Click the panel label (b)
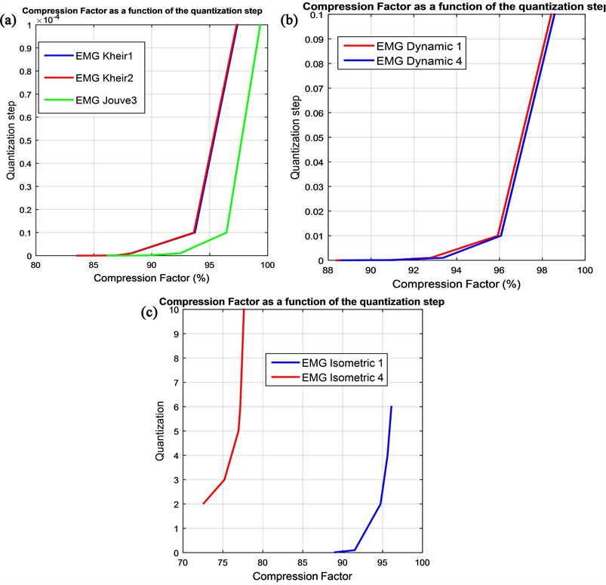point(289,21)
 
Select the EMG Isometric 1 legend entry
point(337,363)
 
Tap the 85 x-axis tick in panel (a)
point(93,265)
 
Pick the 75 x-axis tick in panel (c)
point(223,562)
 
